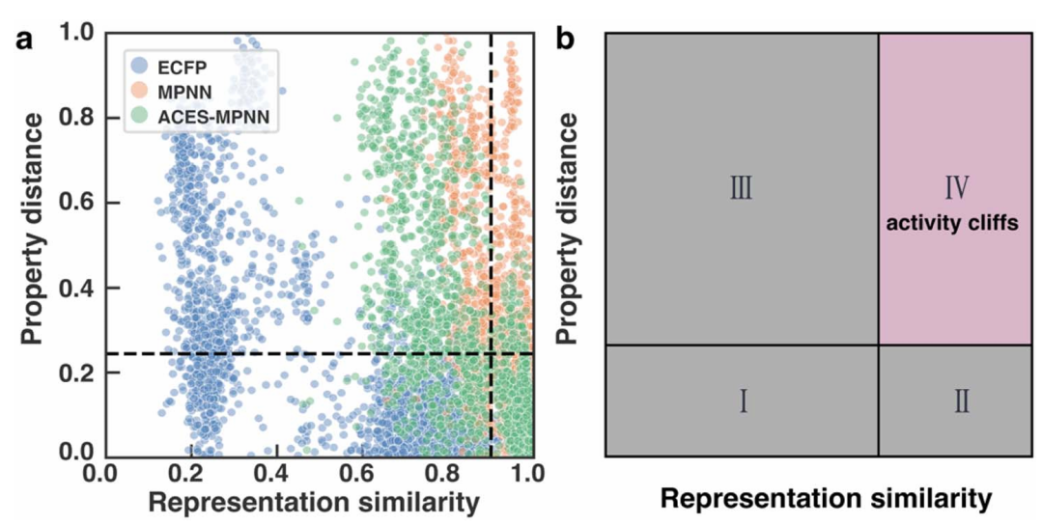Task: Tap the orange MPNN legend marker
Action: point(141,93)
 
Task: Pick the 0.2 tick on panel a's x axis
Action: point(191,475)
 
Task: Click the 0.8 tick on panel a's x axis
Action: point(446,475)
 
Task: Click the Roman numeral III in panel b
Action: point(742,188)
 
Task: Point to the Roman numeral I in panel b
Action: point(743,401)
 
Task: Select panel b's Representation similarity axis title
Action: point(826,499)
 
